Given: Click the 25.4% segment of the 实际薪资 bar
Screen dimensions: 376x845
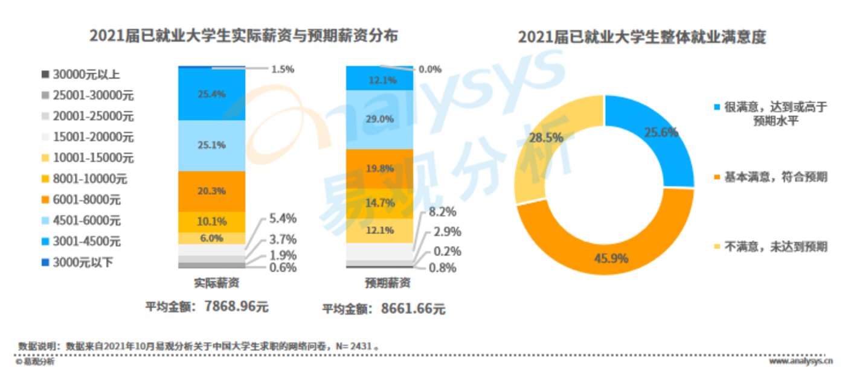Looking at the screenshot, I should coord(211,94).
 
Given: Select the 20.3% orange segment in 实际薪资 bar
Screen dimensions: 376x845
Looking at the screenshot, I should coord(211,191).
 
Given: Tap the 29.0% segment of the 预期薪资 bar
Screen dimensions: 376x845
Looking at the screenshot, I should coord(379,119).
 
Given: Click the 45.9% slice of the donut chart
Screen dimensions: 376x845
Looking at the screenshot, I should coord(610,258).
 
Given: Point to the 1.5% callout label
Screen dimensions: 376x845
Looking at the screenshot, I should coord(282,69).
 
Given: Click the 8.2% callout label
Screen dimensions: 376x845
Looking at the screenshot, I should coord(442,212).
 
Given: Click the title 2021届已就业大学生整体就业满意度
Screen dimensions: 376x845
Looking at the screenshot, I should coord(641,37).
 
